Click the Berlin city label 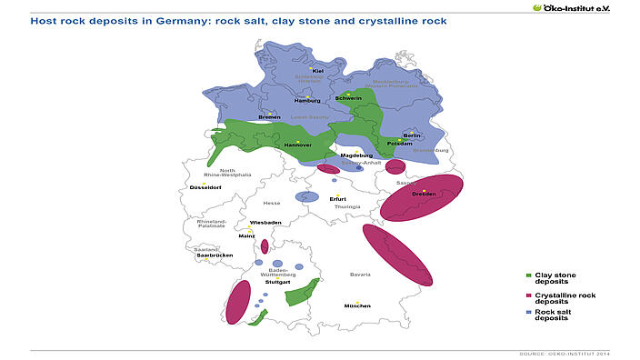[411, 135]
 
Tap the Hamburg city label [307, 101]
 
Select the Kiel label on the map [317, 71]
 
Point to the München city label [357, 306]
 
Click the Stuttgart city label [277, 283]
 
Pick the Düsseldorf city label [205, 187]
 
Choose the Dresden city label [424, 195]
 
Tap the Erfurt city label [337, 198]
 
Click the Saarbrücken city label [215, 255]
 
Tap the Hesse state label [271, 204]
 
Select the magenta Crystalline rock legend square [529, 295]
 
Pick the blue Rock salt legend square [529, 313]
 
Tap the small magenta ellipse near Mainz [265, 246]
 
